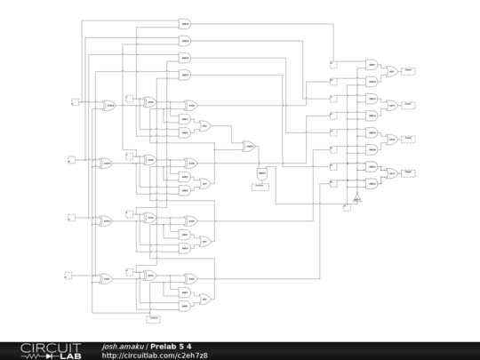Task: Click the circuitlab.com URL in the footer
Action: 155,356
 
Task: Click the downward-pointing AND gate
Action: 261,174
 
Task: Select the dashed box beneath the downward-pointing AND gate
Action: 261,187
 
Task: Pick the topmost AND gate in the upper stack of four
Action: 185,23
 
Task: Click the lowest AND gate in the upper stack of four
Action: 185,75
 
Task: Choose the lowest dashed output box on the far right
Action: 408,172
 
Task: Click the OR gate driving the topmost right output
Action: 391,71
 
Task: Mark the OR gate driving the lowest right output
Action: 391,173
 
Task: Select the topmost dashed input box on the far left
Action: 76,101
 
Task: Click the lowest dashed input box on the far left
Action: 76,276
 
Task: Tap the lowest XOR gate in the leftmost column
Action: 106,278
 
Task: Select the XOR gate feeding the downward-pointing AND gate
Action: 250,145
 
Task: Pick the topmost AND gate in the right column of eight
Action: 372,64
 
